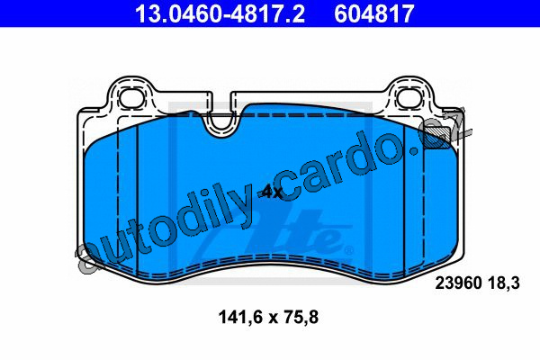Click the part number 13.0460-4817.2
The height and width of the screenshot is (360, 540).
click(x=220, y=13)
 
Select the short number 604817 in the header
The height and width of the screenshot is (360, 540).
click(x=373, y=13)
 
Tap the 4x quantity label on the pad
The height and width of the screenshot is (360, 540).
click(x=272, y=193)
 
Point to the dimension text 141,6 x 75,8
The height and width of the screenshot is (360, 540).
click(x=268, y=318)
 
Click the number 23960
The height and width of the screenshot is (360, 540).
click(x=458, y=283)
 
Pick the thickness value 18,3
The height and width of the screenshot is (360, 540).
click(x=503, y=283)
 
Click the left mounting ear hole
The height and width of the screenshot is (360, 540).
click(x=130, y=96)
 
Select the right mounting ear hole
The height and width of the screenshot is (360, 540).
click(x=409, y=96)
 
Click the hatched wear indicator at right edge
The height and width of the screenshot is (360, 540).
click(x=436, y=138)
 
